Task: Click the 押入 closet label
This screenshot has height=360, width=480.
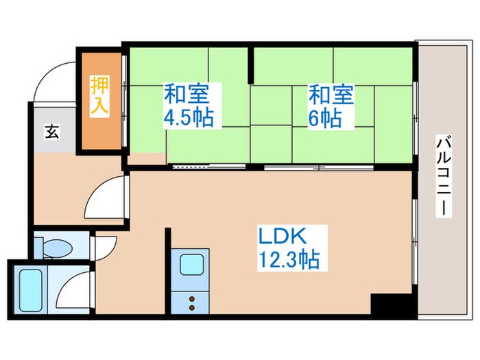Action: [x=99, y=97]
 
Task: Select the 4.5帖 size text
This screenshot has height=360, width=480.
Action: [x=188, y=117]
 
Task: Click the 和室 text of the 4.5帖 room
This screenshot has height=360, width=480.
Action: [x=183, y=93]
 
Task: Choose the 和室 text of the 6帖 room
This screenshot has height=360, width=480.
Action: [x=331, y=93]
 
